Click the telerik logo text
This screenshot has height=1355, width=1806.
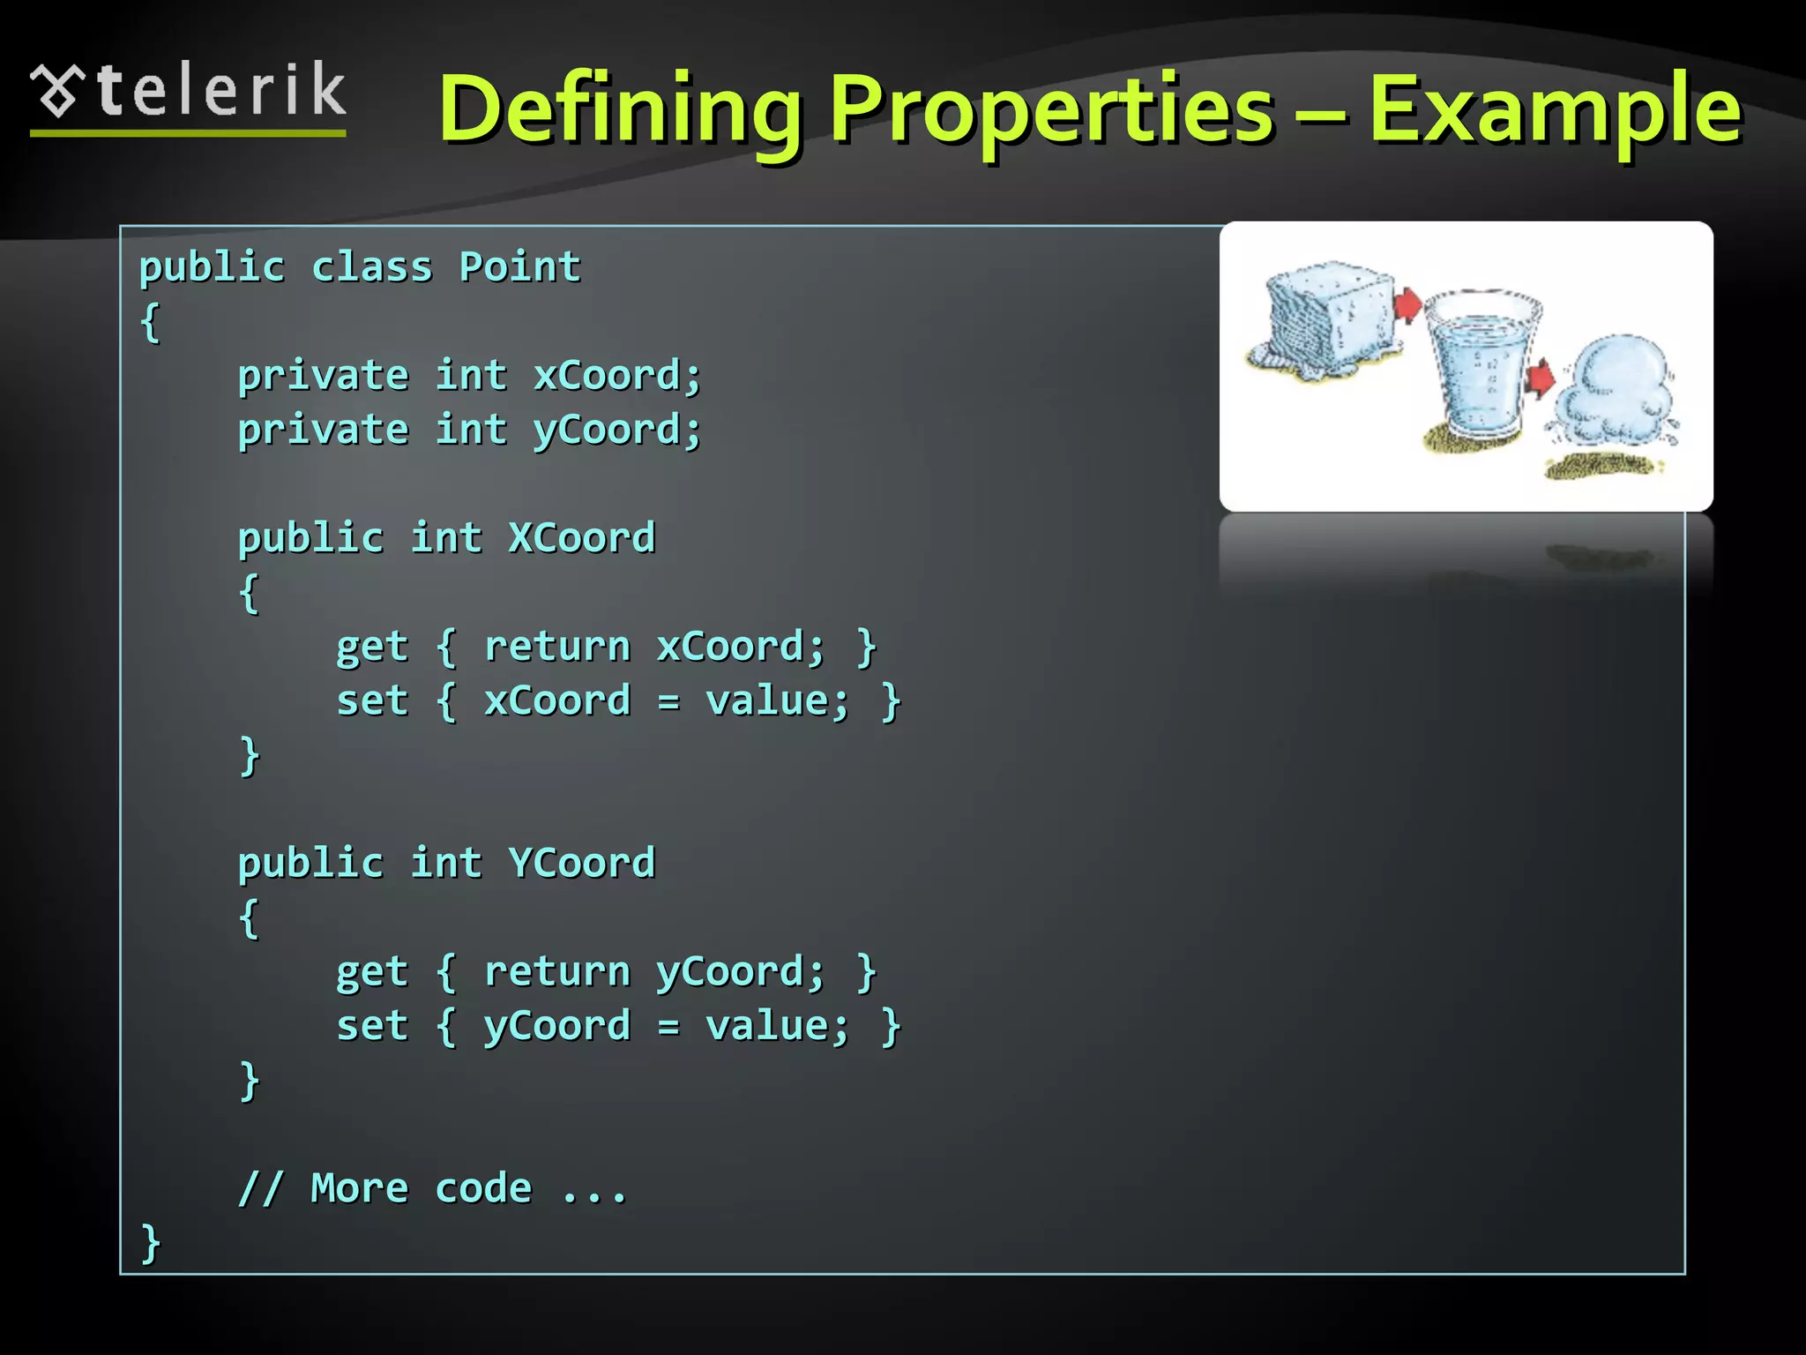[220, 91]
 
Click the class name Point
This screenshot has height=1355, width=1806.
[519, 267]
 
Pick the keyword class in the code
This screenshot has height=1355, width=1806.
[371, 267]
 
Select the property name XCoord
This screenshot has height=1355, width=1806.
[581, 538]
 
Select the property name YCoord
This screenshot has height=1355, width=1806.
[581, 863]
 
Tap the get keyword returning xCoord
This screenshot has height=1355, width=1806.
[371, 648]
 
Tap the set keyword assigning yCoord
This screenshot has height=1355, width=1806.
[371, 1026]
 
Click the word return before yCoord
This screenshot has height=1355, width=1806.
[556, 971]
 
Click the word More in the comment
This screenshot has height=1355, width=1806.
[359, 1188]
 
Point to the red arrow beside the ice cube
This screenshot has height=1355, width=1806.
[1407, 305]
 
